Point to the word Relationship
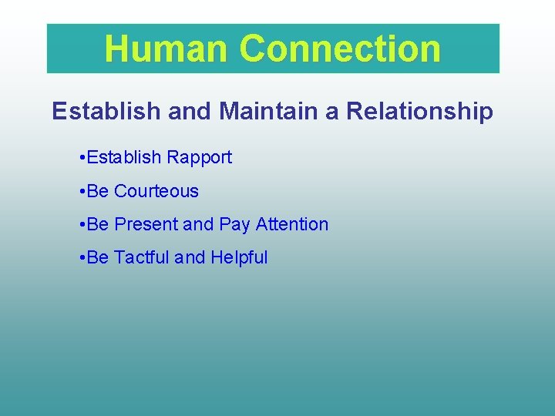click(419, 111)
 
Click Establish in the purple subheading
click(106, 111)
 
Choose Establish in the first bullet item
click(124, 157)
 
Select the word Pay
click(234, 224)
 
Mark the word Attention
click(292, 224)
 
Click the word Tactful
click(142, 257)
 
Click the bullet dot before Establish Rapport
click(82, 158)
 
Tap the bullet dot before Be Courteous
click(82, 192)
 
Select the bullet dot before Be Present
click(82, 225)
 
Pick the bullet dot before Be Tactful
click(82, 258)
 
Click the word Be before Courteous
click(98, 191)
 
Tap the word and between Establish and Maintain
click(193, 111)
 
